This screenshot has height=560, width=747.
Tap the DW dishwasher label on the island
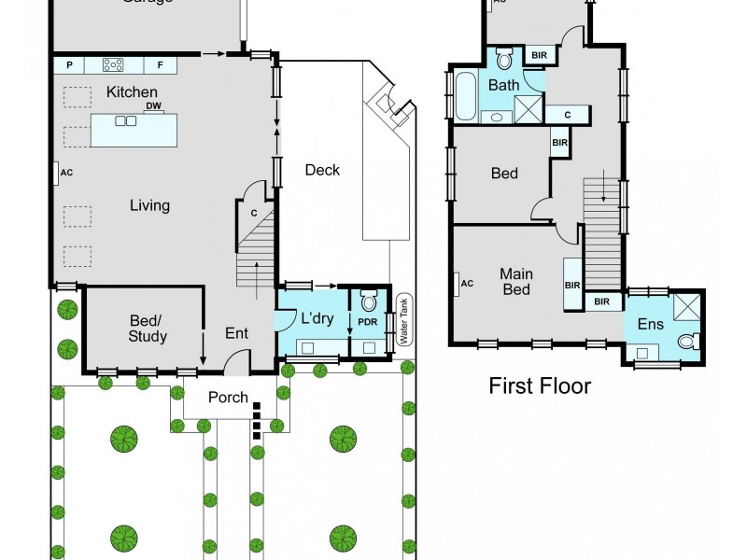pos(154,105)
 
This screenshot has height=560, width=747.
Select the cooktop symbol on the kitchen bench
pos(114,64)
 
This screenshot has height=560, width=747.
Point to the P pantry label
pos(69,64)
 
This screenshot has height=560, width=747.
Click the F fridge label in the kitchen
pos(160,64)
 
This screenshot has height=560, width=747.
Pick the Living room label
pos(149,205)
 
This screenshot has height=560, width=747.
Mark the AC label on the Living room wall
pos(66,173)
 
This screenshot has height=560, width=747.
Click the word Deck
pos(322,170)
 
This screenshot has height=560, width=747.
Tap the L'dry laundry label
pos(317,318)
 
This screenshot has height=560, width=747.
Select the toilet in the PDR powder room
pos(368,302)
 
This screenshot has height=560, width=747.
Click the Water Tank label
pos(404,320)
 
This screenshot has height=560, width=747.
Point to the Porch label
pos(228,397)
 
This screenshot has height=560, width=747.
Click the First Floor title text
pos(540,386)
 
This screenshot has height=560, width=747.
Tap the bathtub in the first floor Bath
pos(464,96)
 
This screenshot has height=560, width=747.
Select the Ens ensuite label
pos(650,325)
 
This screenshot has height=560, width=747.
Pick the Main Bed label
pos(515,282)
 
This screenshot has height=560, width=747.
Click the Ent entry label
pos(237,332)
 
